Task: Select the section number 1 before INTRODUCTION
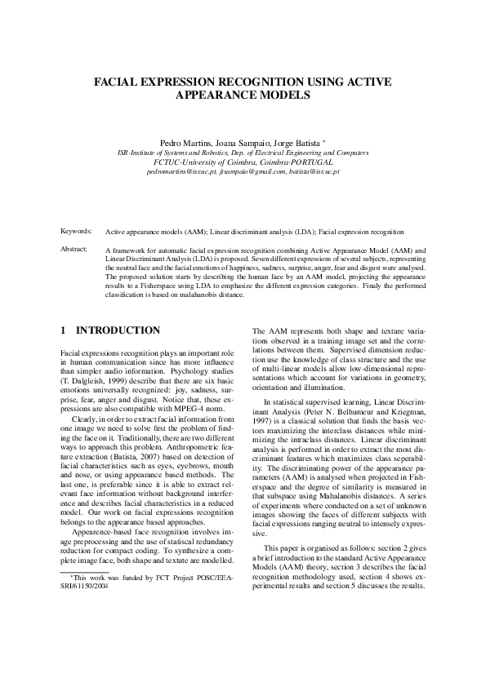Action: click(x=64, y=330)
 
